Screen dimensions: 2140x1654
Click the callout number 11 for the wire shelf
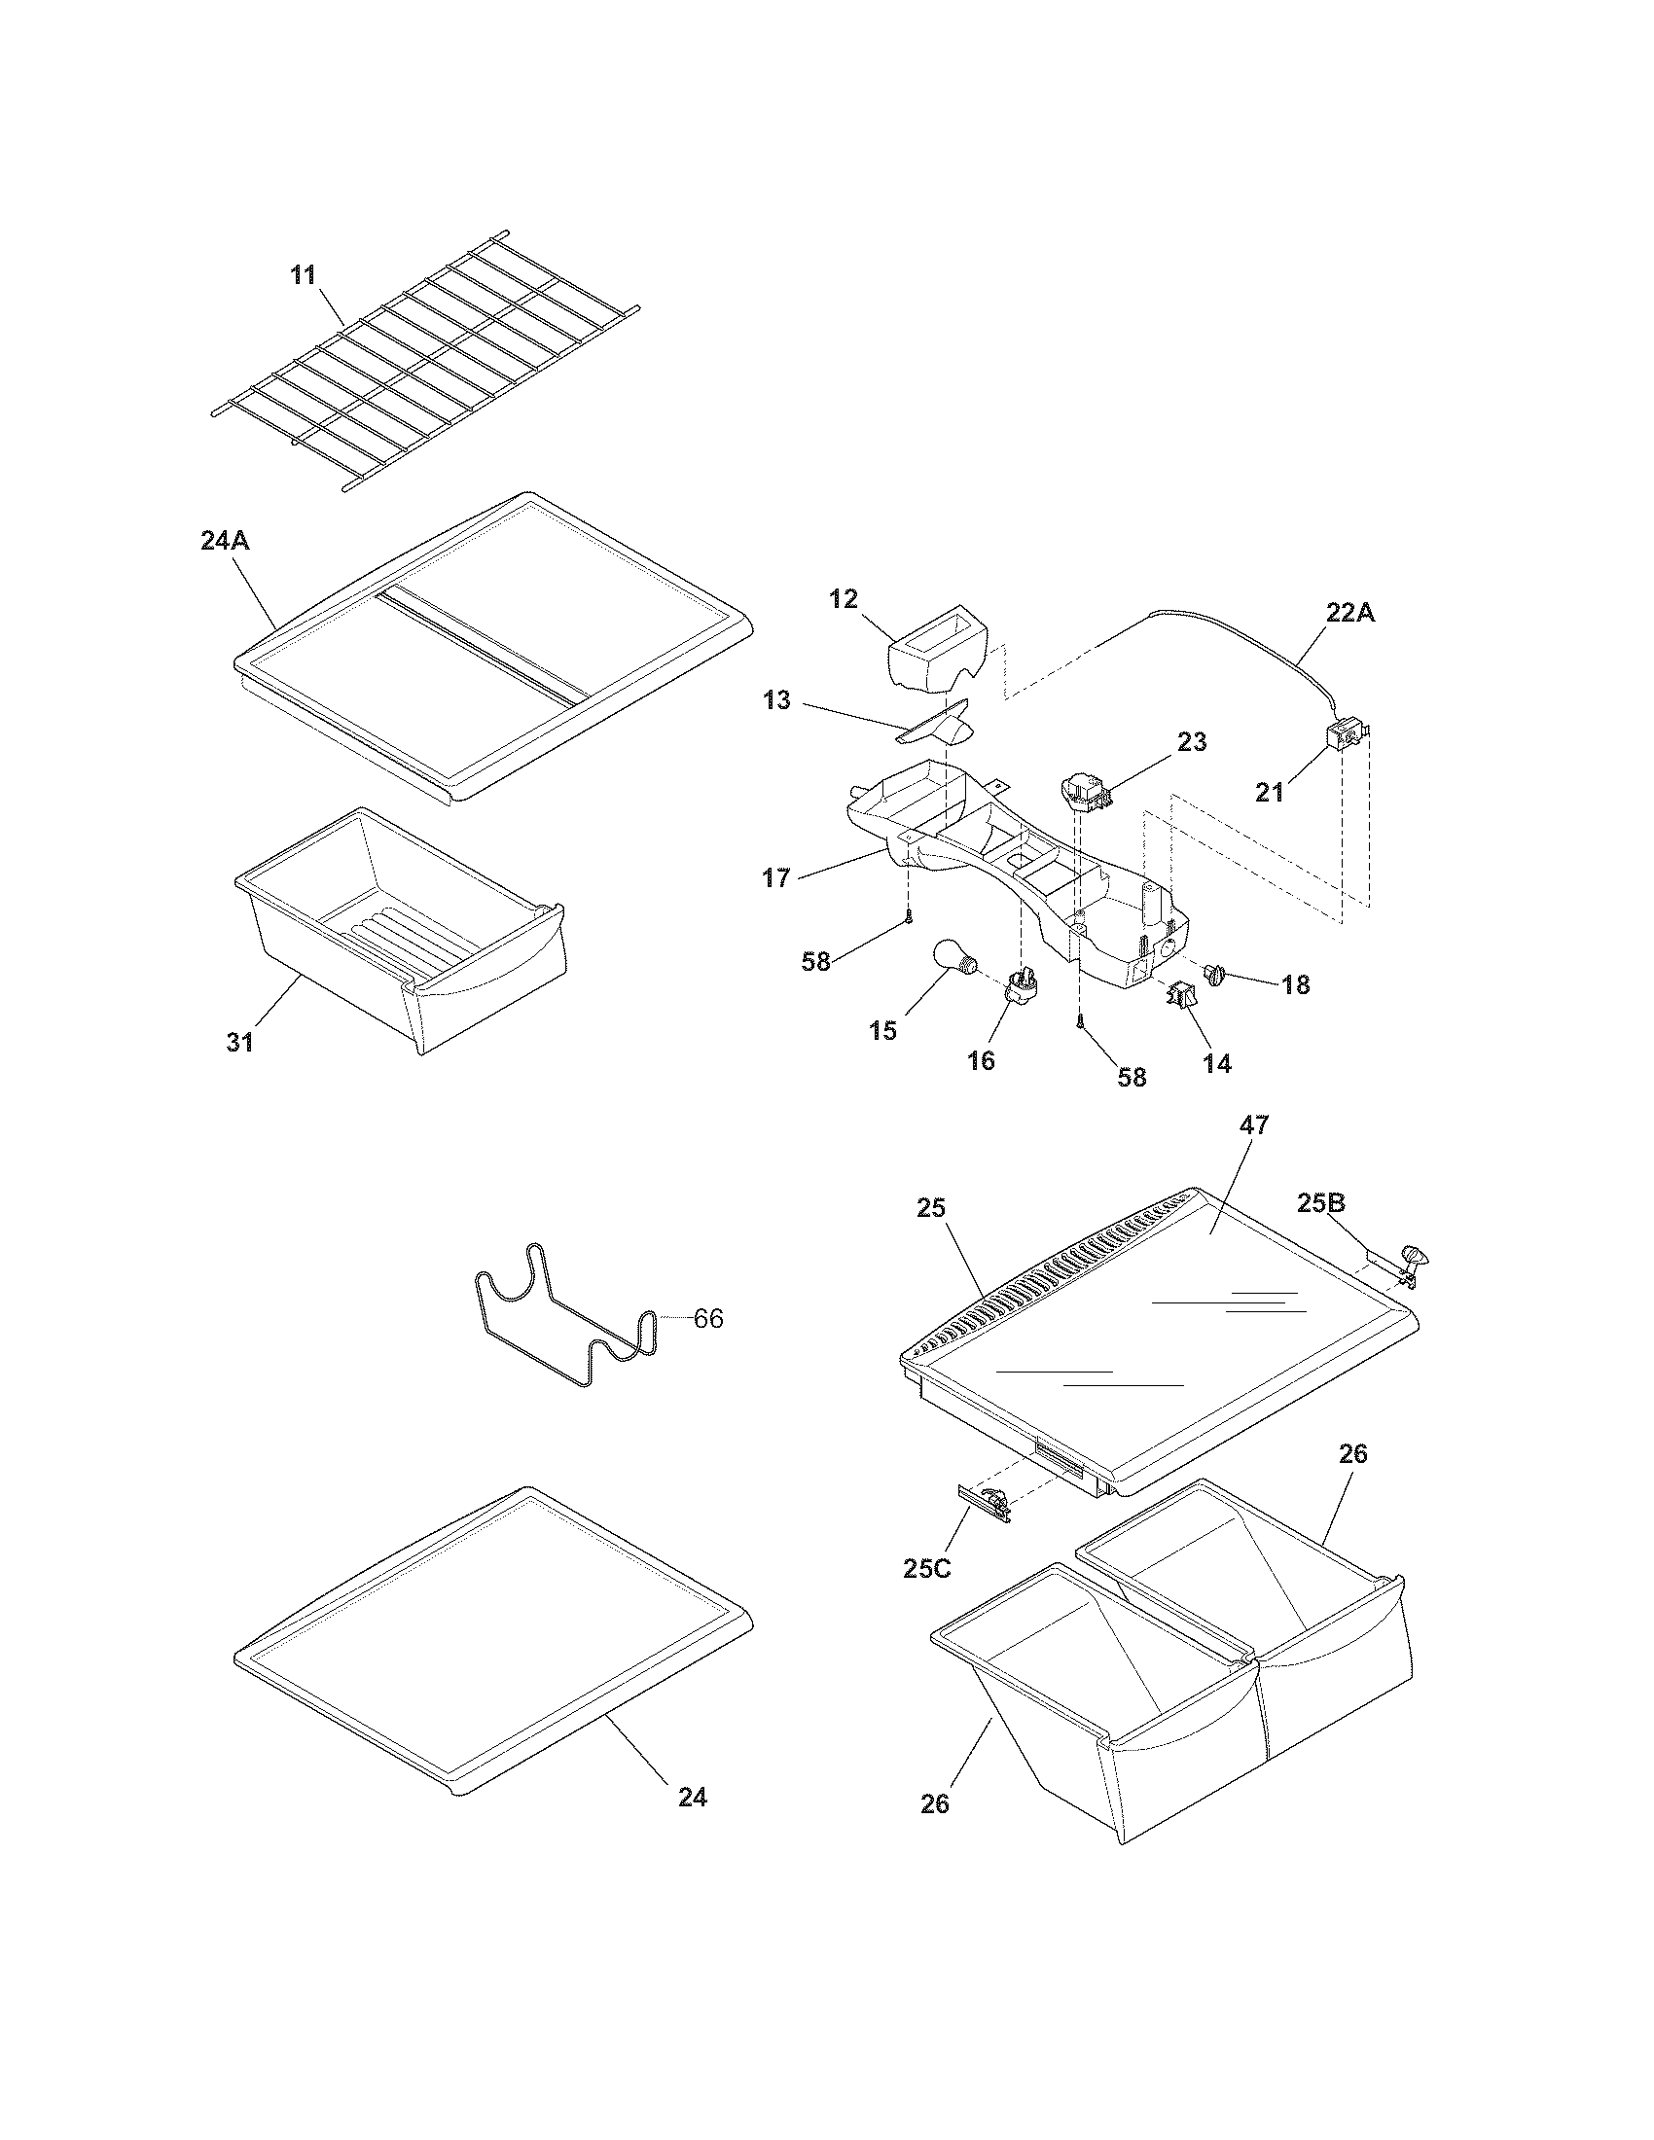[304, 275]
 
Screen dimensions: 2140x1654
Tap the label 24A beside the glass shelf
[225, 540]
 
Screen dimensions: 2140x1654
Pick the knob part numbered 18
[1218, 975]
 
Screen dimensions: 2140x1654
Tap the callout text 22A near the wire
[1350, 613]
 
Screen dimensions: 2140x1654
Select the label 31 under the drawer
[240, 1043]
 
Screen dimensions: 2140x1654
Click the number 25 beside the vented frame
[931, 1208]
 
